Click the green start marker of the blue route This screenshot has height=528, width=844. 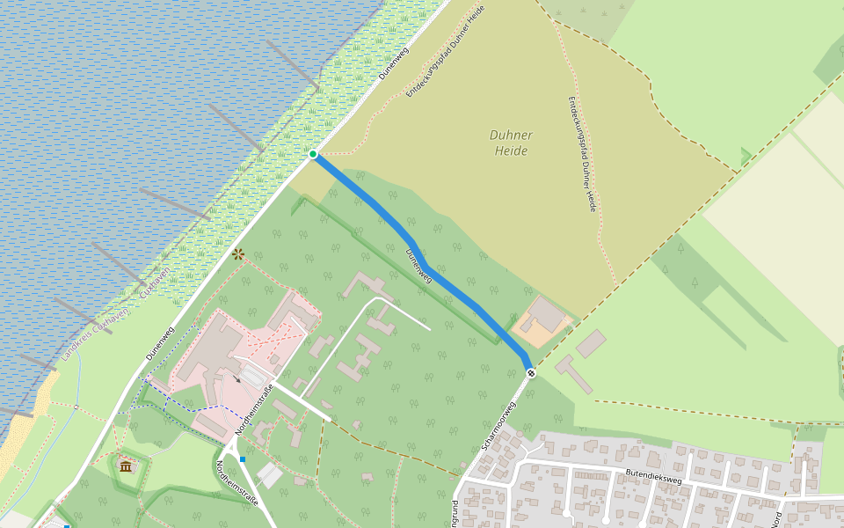[x=313, y=154]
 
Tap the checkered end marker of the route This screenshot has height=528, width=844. [x=531, y=373]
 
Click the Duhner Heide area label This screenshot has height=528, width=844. [x=511, y=143]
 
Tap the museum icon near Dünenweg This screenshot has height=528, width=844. [x=126, y=465]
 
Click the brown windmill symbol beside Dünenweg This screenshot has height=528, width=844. [x=237, y=254]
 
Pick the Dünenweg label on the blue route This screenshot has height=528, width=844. [x=420, y=265]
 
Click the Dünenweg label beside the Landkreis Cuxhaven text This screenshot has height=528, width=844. [x=161, y=343]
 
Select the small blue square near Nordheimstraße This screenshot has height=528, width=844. [x=243, y=458]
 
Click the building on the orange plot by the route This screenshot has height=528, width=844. [x=545, y=314]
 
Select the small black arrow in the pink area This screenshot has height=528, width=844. [x=236, y=379]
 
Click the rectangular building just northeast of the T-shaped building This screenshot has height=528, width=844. [x=591, y=343]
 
